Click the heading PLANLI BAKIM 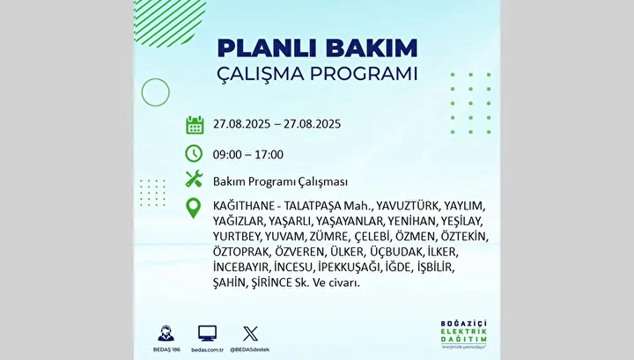[317, 48]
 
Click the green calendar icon [195, 124]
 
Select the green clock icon [194, 154]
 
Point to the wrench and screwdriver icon [194, 179]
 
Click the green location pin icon [193, 209]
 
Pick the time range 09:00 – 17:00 [248, 154]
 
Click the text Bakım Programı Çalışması [280, 182]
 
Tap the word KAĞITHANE [244, 206]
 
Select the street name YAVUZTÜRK [407, 206]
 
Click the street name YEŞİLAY [461, 222]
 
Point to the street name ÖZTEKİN [464, 237]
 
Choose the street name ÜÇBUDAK [396, 252]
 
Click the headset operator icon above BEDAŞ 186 [166, 334]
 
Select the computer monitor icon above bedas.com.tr [208, 334]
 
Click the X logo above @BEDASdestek [250, 334]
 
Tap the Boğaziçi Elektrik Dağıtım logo [464, 334]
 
